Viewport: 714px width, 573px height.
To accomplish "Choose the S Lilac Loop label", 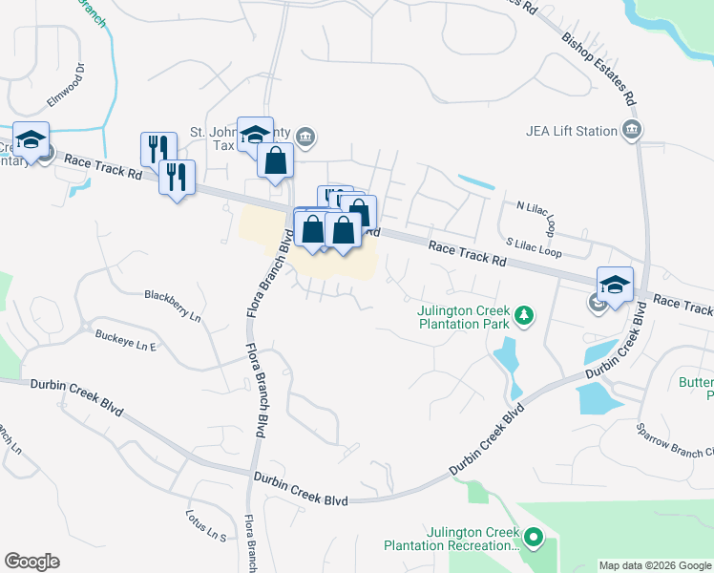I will click(534, 247).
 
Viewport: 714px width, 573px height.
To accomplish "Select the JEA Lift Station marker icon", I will click(631, 130).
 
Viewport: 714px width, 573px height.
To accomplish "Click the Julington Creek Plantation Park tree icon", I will click(522, 314).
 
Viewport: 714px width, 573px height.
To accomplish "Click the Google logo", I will click(31, 562).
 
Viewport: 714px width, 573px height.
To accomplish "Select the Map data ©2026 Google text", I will click(656, 565).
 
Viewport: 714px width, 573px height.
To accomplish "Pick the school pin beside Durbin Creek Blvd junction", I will click(615, 284).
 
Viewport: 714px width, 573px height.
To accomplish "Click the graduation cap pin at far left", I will click(31, 140).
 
